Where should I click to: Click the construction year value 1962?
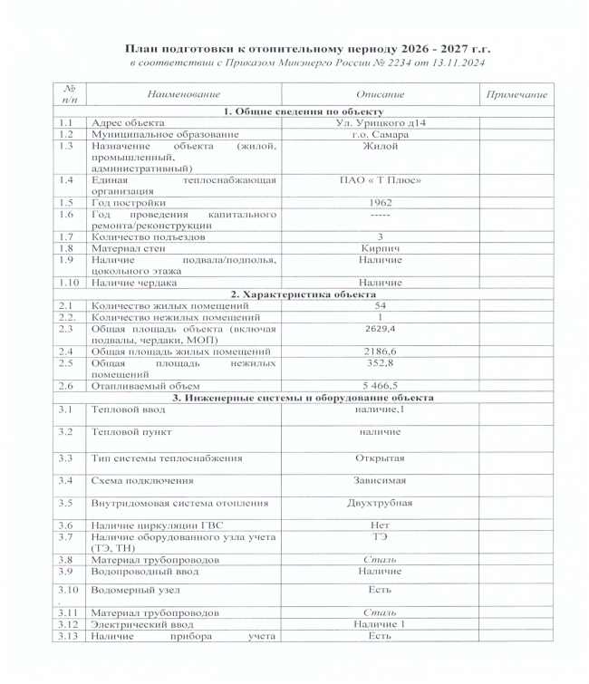[381, 202]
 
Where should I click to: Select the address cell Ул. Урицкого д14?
[381, 121]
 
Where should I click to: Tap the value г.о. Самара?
[381, 132]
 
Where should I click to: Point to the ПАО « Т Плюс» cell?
[381, 180]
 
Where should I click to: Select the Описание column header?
[381, 95]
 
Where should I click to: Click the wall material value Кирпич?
[381, 247]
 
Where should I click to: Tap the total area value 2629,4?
[381, 332]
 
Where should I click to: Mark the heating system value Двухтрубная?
[381, 502]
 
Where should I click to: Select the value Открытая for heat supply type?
[381, 457]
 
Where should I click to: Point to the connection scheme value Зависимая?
[381, 479]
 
